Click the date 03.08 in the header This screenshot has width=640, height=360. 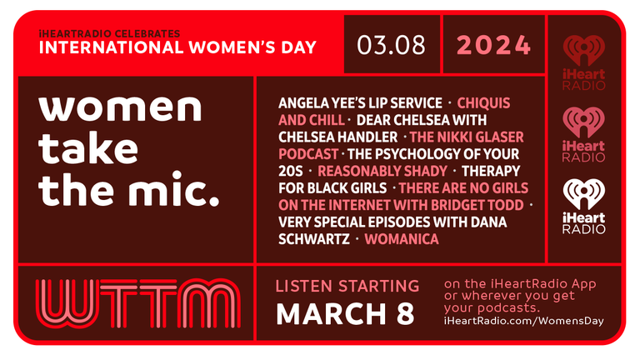[x=391, y=45]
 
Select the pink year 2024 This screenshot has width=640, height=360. [x=494, y=45]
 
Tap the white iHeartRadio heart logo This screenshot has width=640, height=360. [x=583, y=207]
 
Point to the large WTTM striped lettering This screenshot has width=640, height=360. [x=138, y=303]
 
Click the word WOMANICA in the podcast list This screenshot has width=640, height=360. [x=402, y=239]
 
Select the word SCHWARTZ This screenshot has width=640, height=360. [x=314, y=239]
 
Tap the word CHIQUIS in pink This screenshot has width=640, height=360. [x=483, y=102]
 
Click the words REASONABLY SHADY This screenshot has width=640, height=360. [x=382, y=171]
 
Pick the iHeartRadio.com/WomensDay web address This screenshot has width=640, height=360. [x=523, y=321]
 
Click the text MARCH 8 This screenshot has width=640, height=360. [x=345, y=314]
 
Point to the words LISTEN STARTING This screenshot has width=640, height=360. [x=347, y=286]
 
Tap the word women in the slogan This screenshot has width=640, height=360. [x=120, y=107]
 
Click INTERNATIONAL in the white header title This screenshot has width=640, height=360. [x=111, y=47]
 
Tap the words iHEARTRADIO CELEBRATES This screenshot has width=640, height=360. [x=109, y=33]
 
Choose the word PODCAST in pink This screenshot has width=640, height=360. [x=308, y=154]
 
